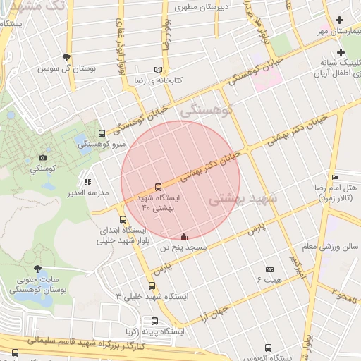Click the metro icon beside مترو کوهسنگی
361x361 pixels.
(x=102, y=133)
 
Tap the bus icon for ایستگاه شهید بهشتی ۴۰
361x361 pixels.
(x=157, y=188)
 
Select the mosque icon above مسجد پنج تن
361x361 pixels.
(x=184, y=237)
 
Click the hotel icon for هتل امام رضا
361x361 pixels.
(x=334, y=177)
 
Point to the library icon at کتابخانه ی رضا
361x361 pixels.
(x=158, y=70)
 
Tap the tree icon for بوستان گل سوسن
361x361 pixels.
(x=67, y=57)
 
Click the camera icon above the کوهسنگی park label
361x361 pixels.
(x=43, y=158)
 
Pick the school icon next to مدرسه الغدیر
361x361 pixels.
(x=87, y=182)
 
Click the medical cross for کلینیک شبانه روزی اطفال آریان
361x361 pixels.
(x=341, y=52)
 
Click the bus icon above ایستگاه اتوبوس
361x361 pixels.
(x=268, y=348)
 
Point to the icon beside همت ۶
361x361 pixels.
(x=269, y=269)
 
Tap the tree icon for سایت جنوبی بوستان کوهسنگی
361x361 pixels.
(x=37, y=269)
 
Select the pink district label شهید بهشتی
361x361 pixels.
(x=243, y=200)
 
